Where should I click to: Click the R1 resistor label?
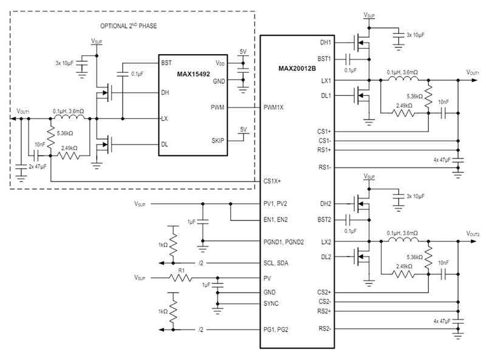coord(180,270)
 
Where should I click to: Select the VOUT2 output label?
coord(473,234)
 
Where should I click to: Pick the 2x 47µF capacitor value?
coord(38,165)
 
